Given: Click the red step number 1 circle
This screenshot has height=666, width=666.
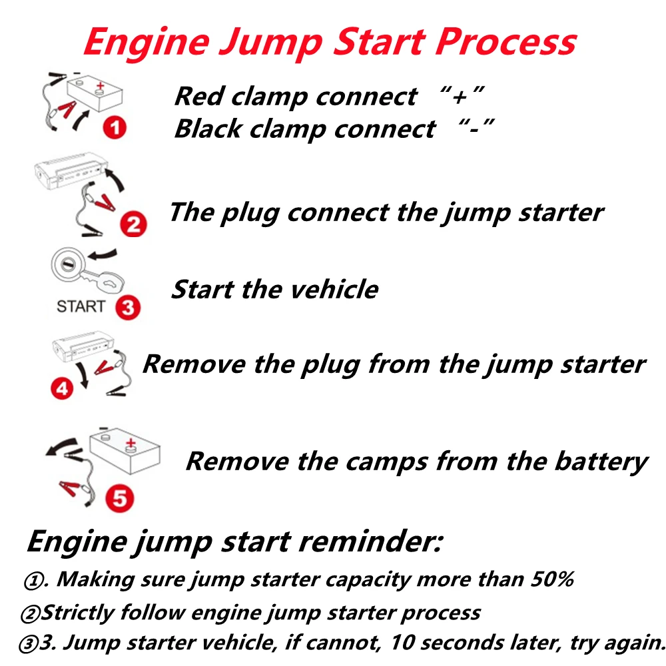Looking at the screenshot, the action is tap(115, 127).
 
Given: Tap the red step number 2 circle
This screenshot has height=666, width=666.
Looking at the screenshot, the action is tap(133, 224).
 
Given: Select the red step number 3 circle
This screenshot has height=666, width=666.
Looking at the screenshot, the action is tap(128, 307).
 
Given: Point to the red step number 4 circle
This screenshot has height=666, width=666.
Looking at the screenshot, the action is tap(62, 388).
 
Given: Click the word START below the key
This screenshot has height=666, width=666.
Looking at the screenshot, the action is tap(81, 306).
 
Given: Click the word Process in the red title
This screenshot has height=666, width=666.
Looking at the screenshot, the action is tap(506, 42).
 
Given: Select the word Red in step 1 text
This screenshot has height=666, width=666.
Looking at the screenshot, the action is tap(199, 96).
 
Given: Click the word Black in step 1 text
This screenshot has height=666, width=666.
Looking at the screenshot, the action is tap(208, 129).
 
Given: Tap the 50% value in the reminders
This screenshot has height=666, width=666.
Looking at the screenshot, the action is tap(552, 579).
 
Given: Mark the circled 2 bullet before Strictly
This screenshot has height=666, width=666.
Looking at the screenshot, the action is tap(30, 614).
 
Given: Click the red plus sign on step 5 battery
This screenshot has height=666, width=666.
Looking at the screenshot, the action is tap(131, 443).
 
